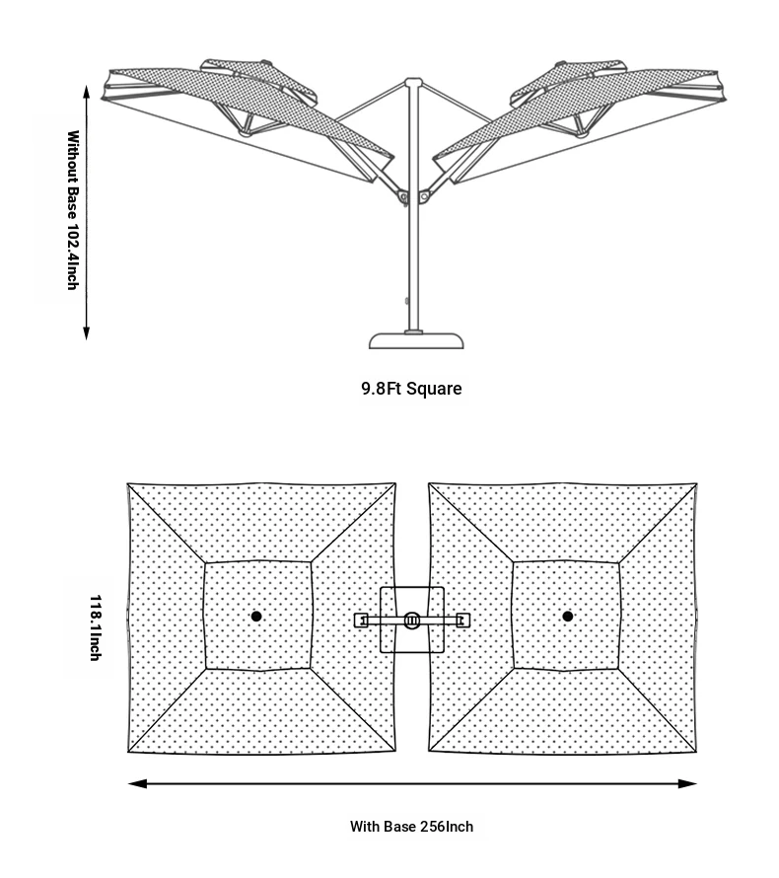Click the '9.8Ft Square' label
pos(411,389)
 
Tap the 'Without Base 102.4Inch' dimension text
pos(73,210)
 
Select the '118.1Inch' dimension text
pos(96,627)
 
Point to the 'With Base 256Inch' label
pos(411,827)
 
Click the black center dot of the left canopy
pos(256,616)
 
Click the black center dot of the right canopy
pos(567,616)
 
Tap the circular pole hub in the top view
pos(412,620)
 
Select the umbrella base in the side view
pos(416,340)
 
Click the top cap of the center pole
pos(413,82)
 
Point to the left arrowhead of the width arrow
pos(137,783)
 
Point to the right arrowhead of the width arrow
pos(687,783)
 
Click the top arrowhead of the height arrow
pos(86,93)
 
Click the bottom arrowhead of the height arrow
pos(86,332)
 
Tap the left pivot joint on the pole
pos(402,197)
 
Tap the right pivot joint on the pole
pos(424,197)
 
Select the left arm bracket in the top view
pos(362,620)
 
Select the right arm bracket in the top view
pos(462,620)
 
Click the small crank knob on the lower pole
pos(407,301)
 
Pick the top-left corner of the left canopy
pos(127,483)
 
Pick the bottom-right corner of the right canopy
pos(697,752)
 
